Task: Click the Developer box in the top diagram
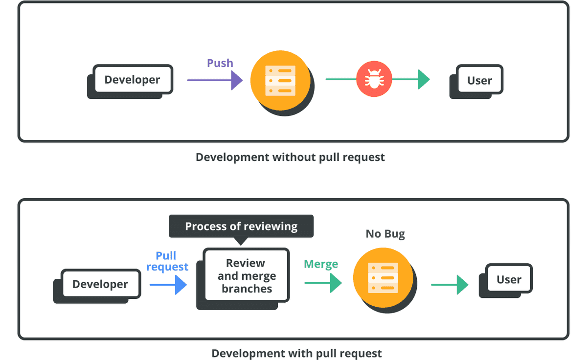(132, 80)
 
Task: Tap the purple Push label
(220, 63)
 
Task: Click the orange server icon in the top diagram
(280, 80)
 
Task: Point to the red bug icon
(374, 79)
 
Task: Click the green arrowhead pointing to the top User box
(423, 79)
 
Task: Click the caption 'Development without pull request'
(290, 157)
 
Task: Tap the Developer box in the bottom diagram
(100, 284)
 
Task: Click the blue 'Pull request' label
(167, 261)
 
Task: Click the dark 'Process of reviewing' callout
(241, 226)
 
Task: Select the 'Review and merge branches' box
(247, 276)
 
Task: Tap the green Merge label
(321, 264)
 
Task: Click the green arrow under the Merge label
(323, 283)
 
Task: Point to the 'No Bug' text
(385, 234)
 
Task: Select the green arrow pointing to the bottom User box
(450, 285)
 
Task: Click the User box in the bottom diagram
(509, 279)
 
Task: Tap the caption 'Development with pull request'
(296, 353)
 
